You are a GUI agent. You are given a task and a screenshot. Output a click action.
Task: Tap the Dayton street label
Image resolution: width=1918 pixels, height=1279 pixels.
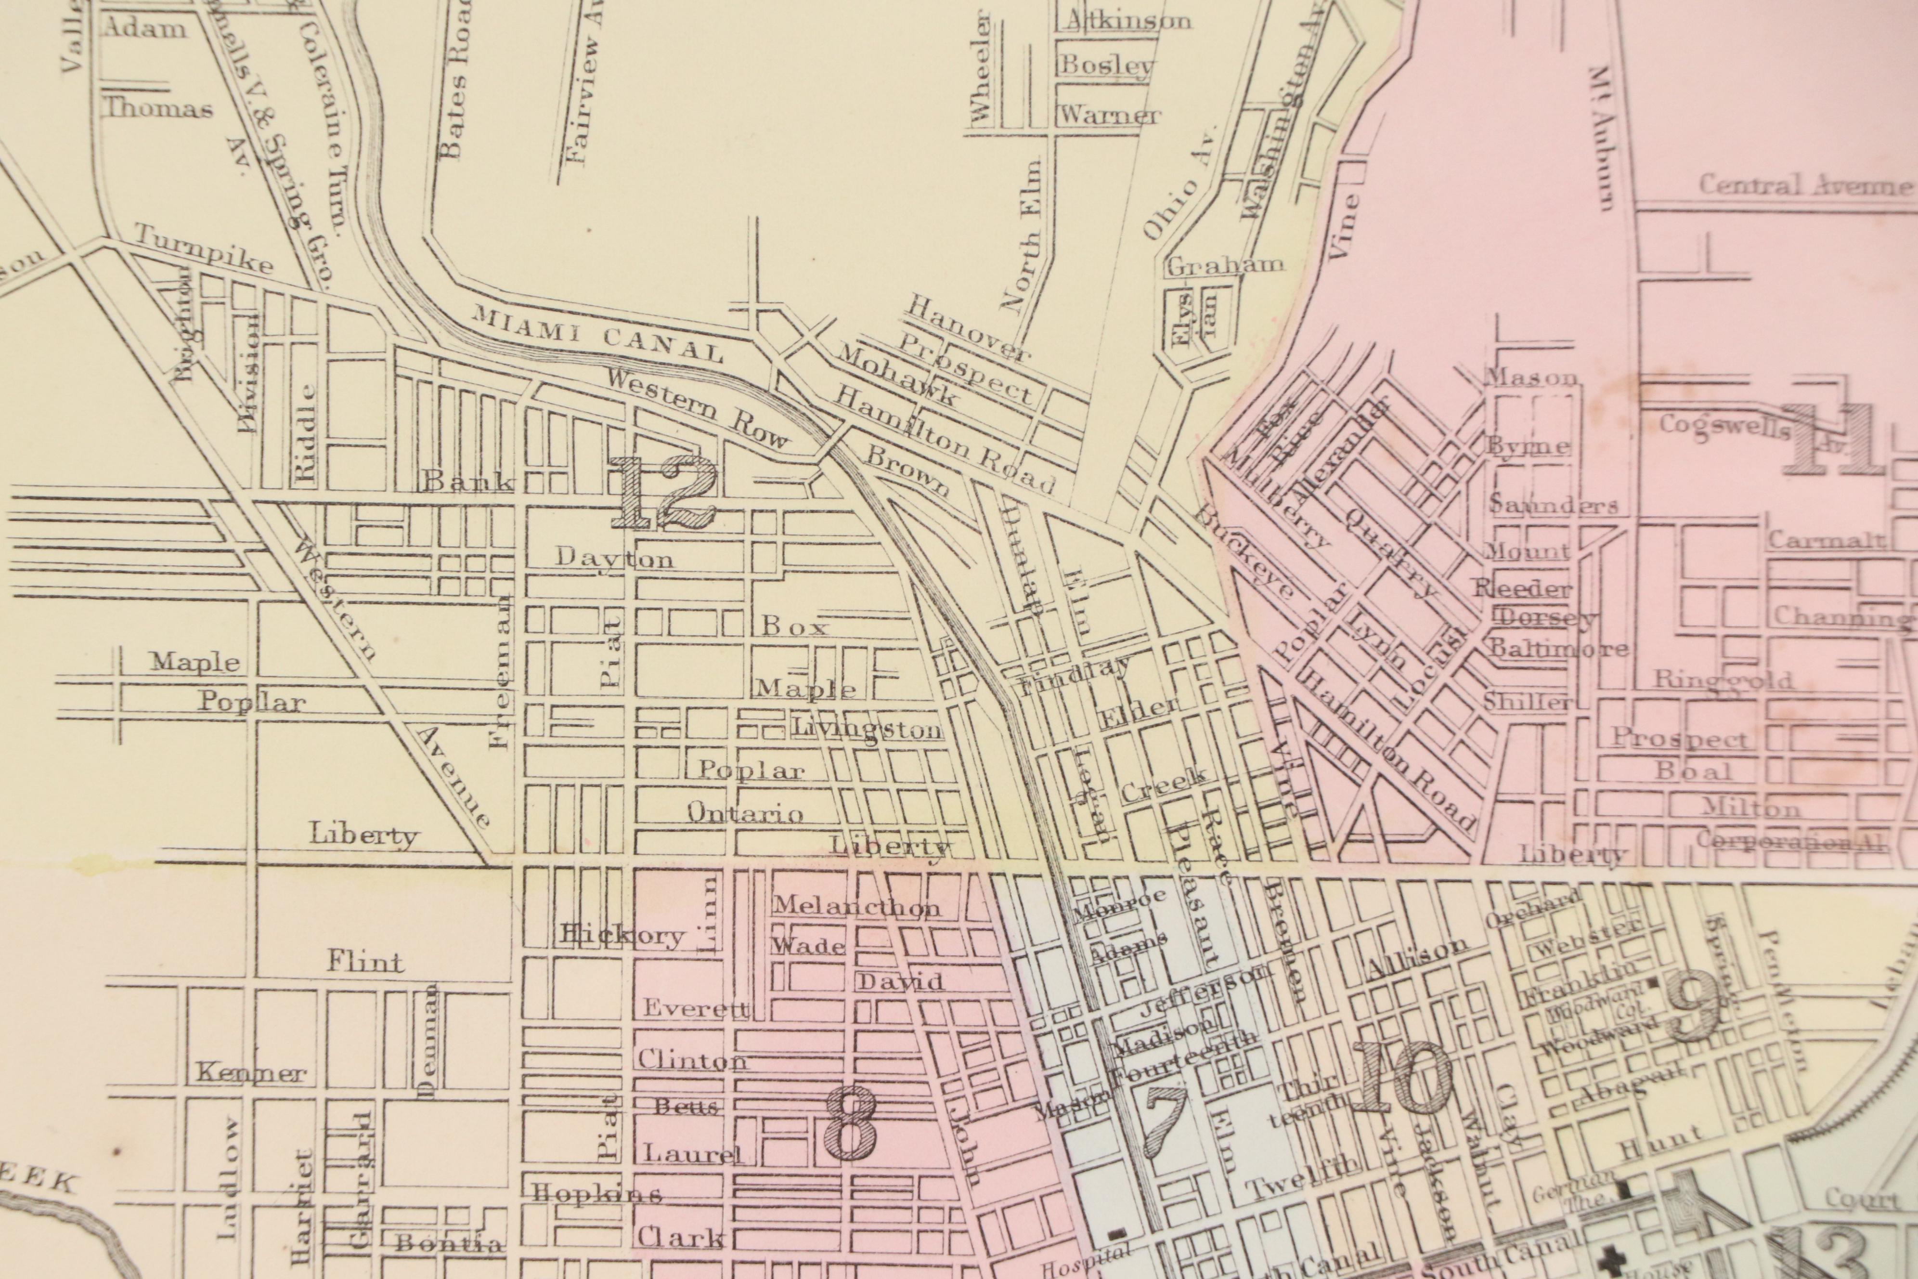coord(615,558)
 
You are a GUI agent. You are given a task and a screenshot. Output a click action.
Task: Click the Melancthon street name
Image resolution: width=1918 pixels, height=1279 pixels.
coord(856,905)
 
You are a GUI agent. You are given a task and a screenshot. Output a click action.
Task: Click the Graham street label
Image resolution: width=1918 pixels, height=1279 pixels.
coord(1225,266)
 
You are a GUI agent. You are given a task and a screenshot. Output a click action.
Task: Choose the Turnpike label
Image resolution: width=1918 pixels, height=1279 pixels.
coord(202,249)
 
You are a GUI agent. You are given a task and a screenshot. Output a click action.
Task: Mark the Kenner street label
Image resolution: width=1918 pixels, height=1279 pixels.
coord(250,1073)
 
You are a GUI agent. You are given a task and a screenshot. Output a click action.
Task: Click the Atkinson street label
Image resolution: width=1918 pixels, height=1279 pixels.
coord(1128,20)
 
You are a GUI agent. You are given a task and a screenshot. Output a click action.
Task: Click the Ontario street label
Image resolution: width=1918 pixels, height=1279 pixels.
coord(745,812)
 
